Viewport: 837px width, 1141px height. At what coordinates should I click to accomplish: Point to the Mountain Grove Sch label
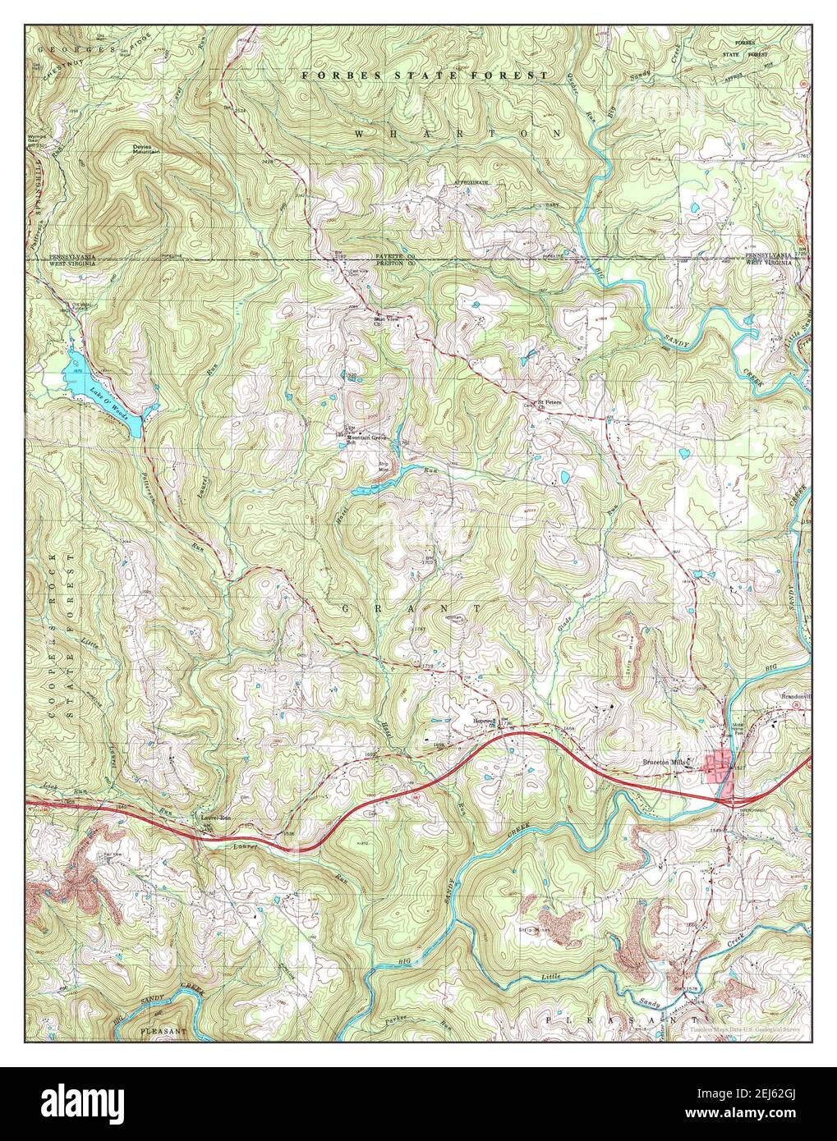tap(366, 438)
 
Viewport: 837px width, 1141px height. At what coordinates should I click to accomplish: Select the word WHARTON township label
tap(459, 133)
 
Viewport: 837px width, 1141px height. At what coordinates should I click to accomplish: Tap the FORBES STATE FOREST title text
tap(423, 75)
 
